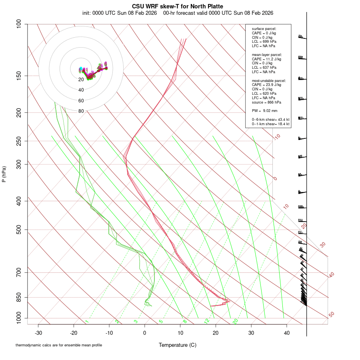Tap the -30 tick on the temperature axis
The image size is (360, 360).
point(38,332)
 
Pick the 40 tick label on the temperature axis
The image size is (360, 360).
point(286,332)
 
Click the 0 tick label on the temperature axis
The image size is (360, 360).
point(145,332)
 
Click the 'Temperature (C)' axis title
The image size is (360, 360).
point(177,345)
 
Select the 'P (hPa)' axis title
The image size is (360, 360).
point(4,174)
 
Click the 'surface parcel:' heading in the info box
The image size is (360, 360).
point(264,29)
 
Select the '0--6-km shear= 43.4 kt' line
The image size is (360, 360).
point(270,119)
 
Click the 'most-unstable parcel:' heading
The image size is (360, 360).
point(267,80)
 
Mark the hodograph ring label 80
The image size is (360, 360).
point(81,111)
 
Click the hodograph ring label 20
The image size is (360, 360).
point(81,80)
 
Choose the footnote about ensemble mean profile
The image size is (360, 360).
point(58,345)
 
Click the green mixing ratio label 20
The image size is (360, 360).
point(236,321)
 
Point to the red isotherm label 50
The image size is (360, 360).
point(331,315)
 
